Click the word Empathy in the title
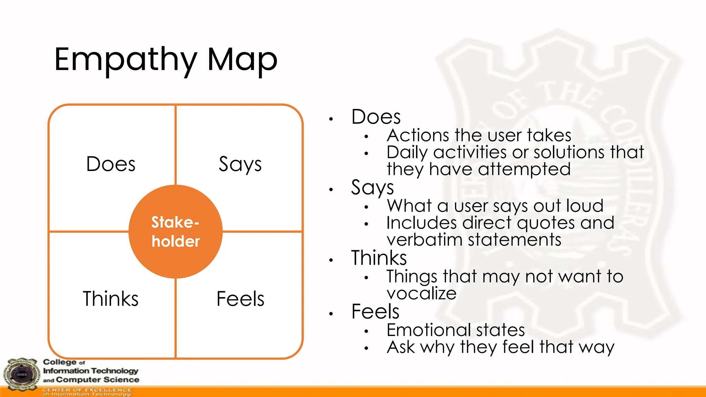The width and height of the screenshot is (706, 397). pos(126,60)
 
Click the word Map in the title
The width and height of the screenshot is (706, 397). pos(242,60)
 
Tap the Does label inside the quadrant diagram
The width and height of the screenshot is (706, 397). pos(111,164)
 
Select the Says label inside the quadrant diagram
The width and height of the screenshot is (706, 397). pos(240,165)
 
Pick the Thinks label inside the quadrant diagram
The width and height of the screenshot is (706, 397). pos(111,298)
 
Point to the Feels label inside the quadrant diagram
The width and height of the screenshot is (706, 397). pos(240,298)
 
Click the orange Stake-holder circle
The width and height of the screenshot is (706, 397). pos(175,232)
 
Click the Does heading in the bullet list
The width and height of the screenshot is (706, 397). pos(376,117)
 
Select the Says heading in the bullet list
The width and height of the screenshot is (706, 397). pos(372,188)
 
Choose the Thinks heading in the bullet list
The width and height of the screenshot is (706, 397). pos(379,258)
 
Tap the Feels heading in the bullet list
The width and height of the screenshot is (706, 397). pos(375,312)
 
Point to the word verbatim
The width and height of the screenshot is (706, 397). pos(424,240)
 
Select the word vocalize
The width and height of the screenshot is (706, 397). pos(421,293)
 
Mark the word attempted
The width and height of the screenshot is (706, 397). pos(524,170)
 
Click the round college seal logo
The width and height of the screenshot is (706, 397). pos(21,375)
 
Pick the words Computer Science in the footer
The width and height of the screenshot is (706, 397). pos(98,380)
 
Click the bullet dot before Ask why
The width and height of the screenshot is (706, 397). pos(366,348)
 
